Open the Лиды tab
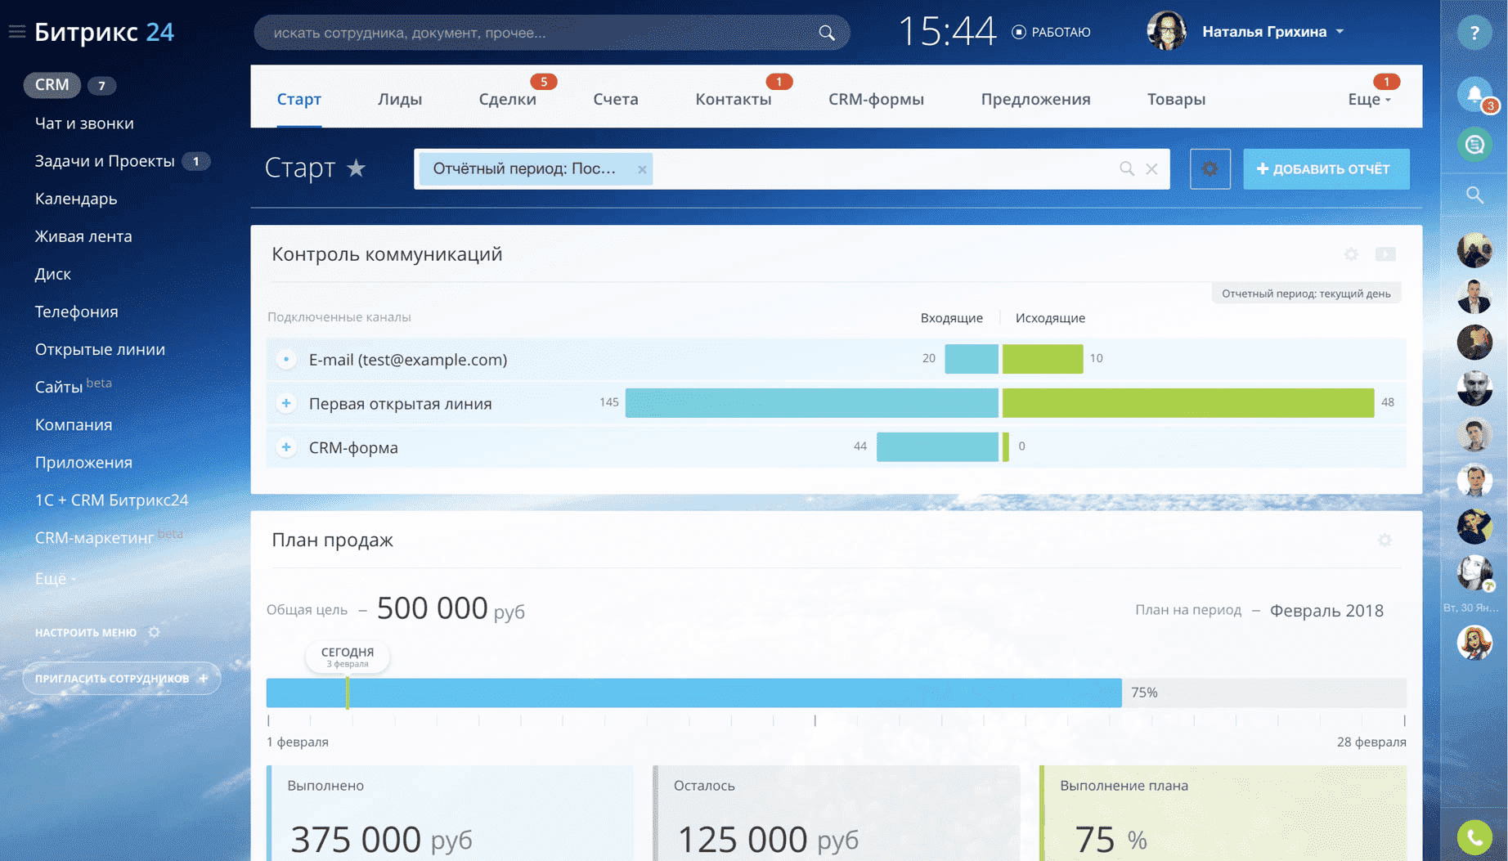click(x=400, y=99)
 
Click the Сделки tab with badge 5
click(x=507, y=99)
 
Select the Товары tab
click(x=1176, y=99)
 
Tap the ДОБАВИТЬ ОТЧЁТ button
click(x=1326, y=169)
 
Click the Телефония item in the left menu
click(x=76, y=312)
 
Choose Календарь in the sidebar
click(x=76, y=199)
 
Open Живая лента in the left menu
click(x=83, y=236)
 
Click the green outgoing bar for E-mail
click(x=1043, y=359)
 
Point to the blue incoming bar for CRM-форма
click(x=937, y=447)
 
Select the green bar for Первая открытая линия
click(x=1187, y=403)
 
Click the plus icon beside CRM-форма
click(x=286, y=447)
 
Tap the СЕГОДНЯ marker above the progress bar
click(x=348, y=656)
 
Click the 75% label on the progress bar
click(x=1144, y=693)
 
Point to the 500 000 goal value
click(x=432, y=608)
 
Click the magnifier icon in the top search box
click(x=827, y=33)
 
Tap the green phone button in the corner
click(x=1474, y=837)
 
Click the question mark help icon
click(x=1474, y=33)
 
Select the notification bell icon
click(x=1474, y=95)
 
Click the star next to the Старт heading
click(x=356, y=168)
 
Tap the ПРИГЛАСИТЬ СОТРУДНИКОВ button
click(x=121, y=679)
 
